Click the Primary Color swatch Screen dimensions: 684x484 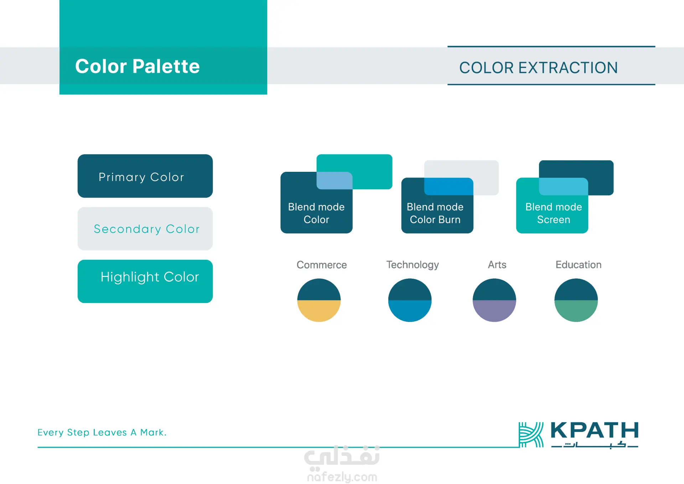click(145, 176)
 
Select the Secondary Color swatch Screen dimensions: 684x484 click(145, 229)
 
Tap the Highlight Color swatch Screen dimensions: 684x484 click(145, 281)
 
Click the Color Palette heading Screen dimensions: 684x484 click(138, 66)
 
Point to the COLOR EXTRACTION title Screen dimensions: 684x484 click(538, 68)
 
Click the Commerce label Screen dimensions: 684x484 click(322, 265)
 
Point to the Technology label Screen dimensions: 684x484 click(413, 265)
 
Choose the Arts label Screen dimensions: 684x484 click(497, 265)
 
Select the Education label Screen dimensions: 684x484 click(579, 265)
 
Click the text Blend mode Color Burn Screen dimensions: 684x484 click(435, 213)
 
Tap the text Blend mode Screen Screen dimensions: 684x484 click(554, 213)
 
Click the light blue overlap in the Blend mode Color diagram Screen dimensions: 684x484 click(335, 180)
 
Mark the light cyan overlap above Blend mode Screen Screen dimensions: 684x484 click(563, 186)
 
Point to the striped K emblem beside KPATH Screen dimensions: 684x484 click(531, 434)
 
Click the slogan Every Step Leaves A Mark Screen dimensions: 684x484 click(102, 432)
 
